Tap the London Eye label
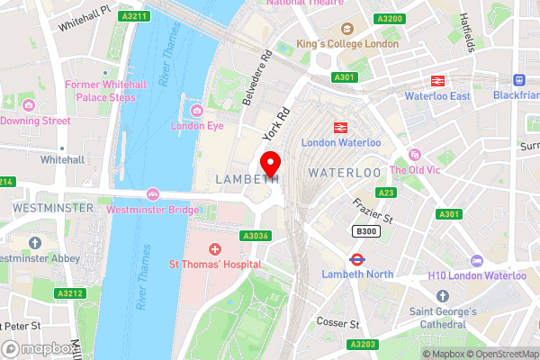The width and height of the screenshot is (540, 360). click(x=196, y=126)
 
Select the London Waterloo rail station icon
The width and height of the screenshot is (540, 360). click(x=341, y=128)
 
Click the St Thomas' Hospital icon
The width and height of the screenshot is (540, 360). click(x=215, y=249)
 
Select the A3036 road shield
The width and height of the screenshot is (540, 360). click(x=256, y=237)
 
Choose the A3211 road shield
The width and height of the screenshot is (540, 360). click(x=133, y=16)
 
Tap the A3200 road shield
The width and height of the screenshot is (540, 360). click(x=390, y=18)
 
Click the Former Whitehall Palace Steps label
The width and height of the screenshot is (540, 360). click(x=99, y=90)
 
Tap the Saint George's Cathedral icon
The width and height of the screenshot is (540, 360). click(x=441, y=295)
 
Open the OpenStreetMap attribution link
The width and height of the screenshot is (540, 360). click(x=499, y=354)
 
